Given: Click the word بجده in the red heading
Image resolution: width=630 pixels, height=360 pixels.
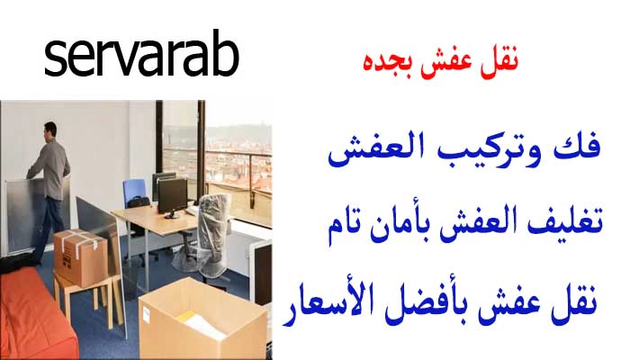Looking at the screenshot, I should pyautogui.click(x=377, y=64).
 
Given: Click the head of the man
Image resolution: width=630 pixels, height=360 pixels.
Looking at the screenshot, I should pyautogui.click(x=50, y=132).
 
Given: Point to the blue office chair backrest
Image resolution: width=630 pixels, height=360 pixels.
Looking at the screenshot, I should pyautogui.click(x=136, y=191).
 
